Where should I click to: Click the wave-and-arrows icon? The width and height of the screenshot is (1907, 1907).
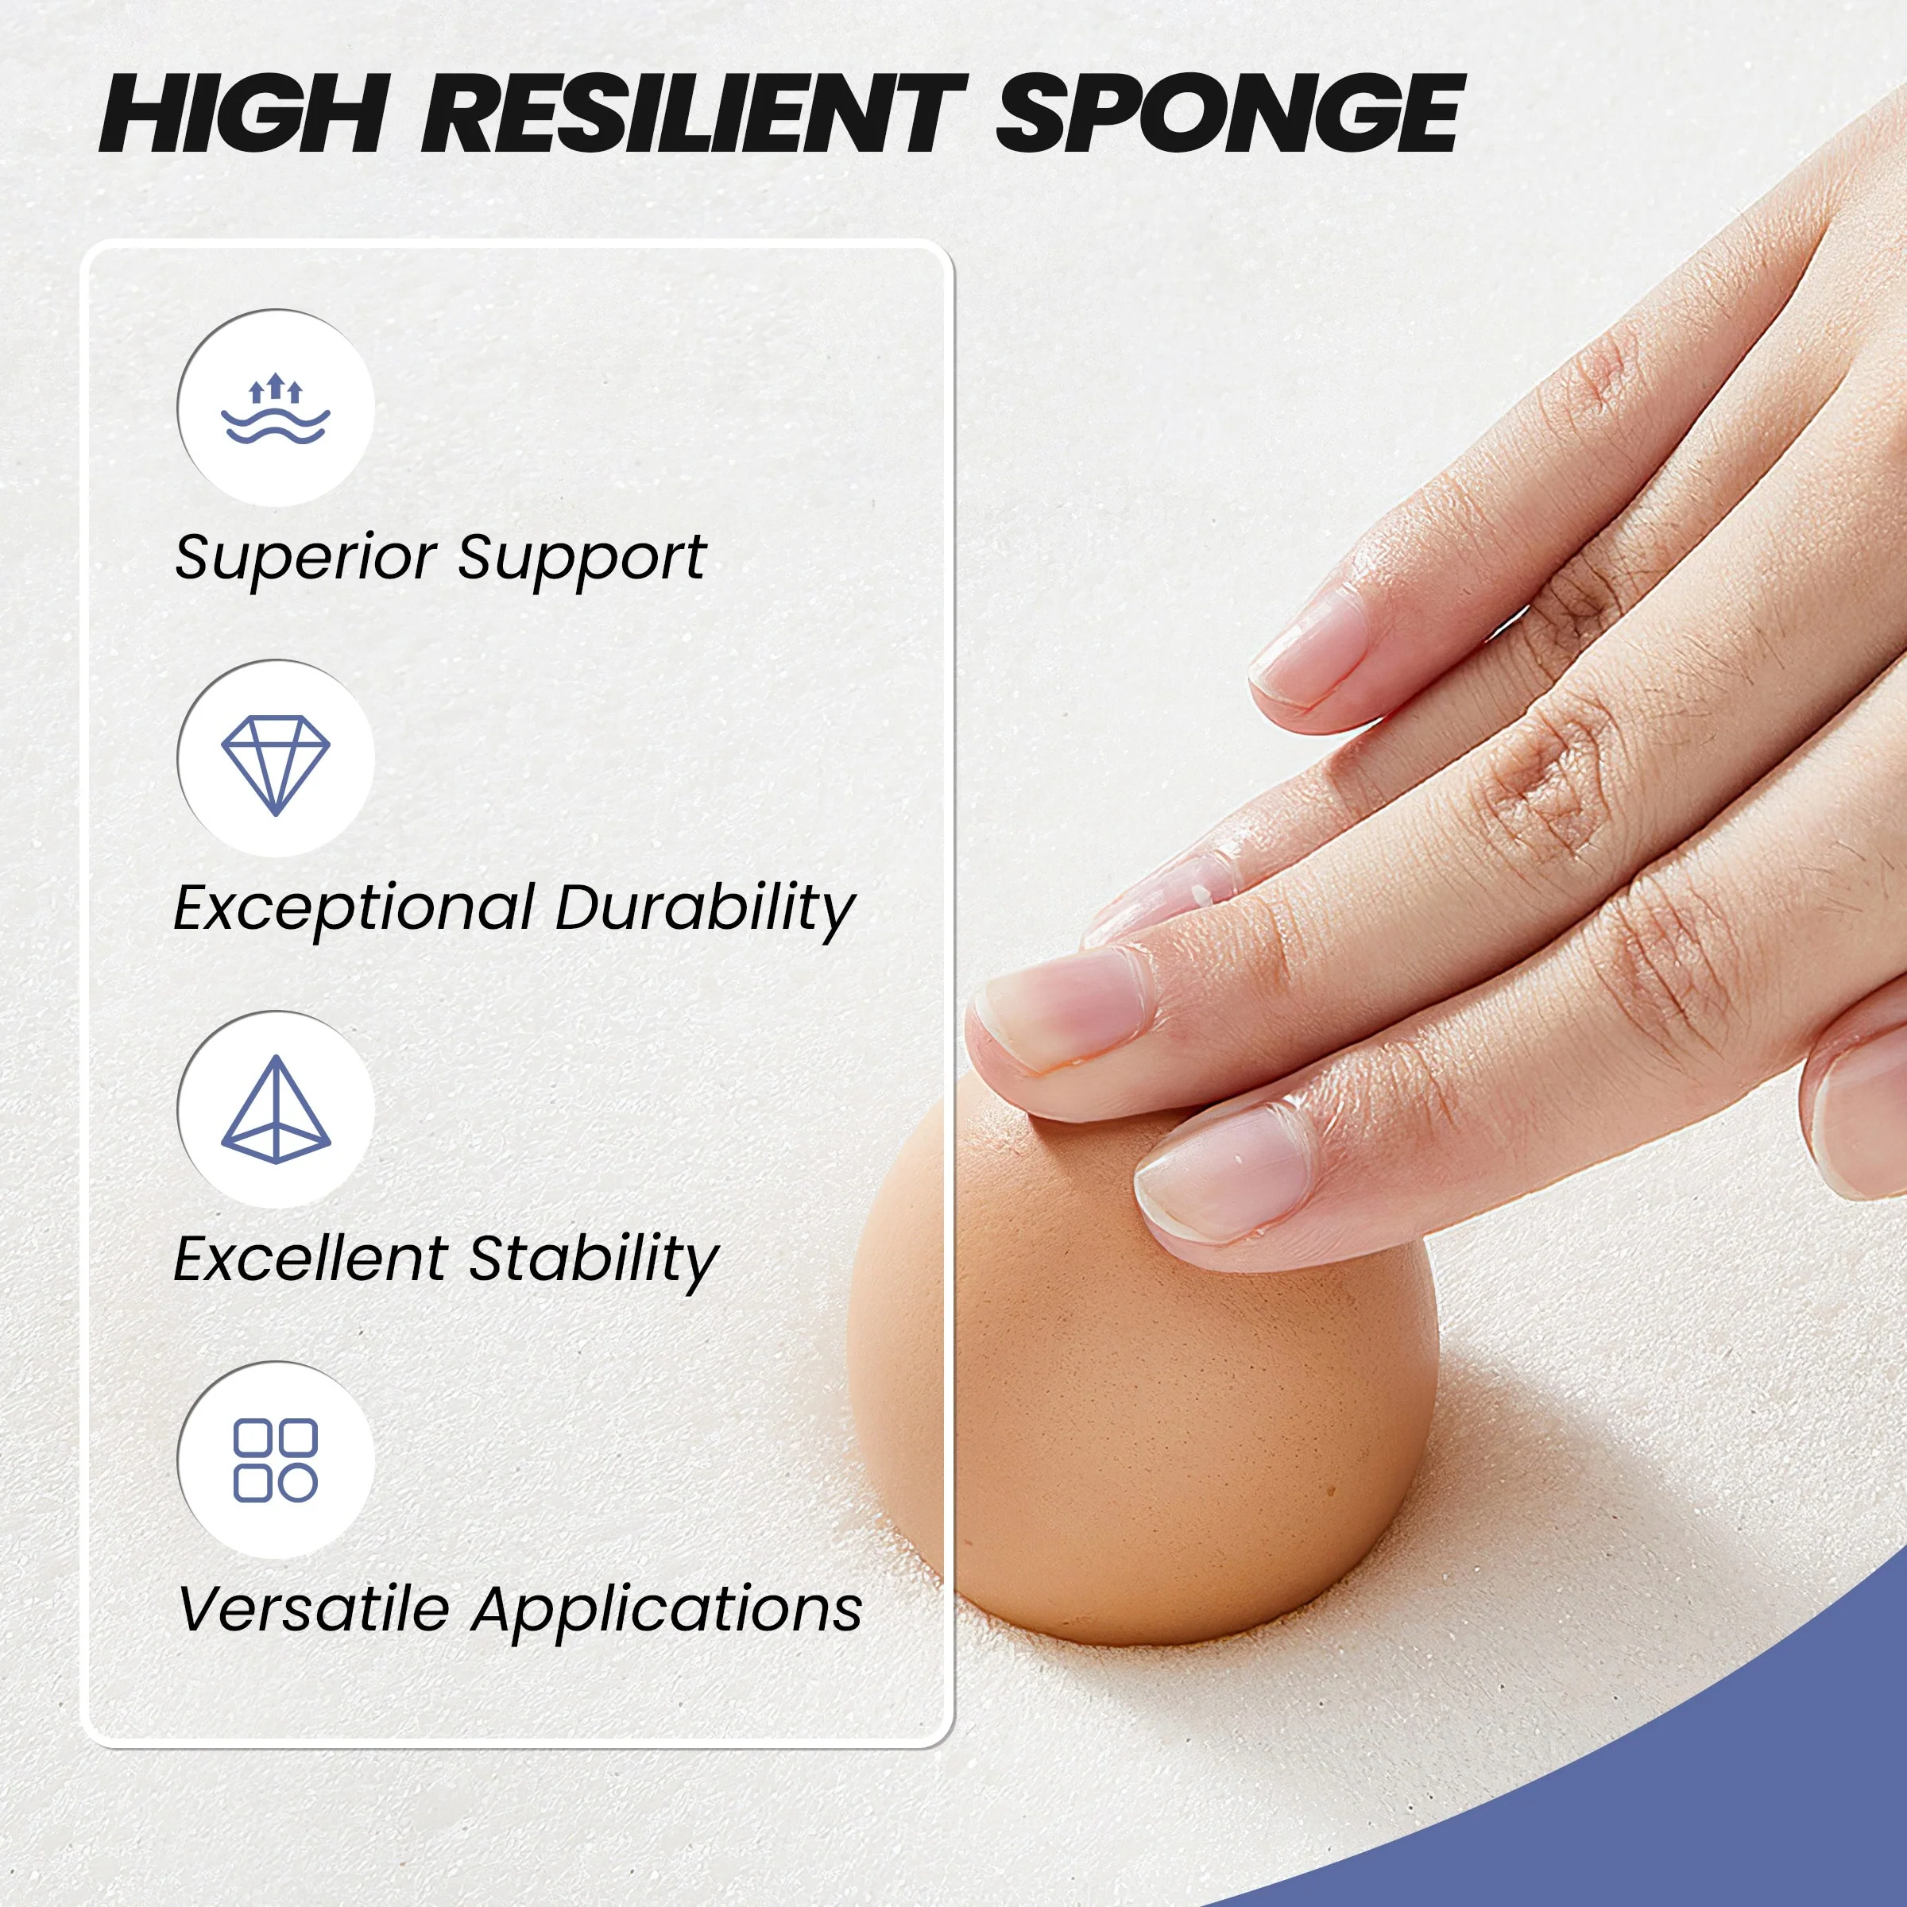point(276,408)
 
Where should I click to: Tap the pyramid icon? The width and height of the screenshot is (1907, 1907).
point(276,1109)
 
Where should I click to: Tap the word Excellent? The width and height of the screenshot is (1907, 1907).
point(310,1259)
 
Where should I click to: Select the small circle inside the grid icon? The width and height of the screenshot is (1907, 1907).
point(298,1483)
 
